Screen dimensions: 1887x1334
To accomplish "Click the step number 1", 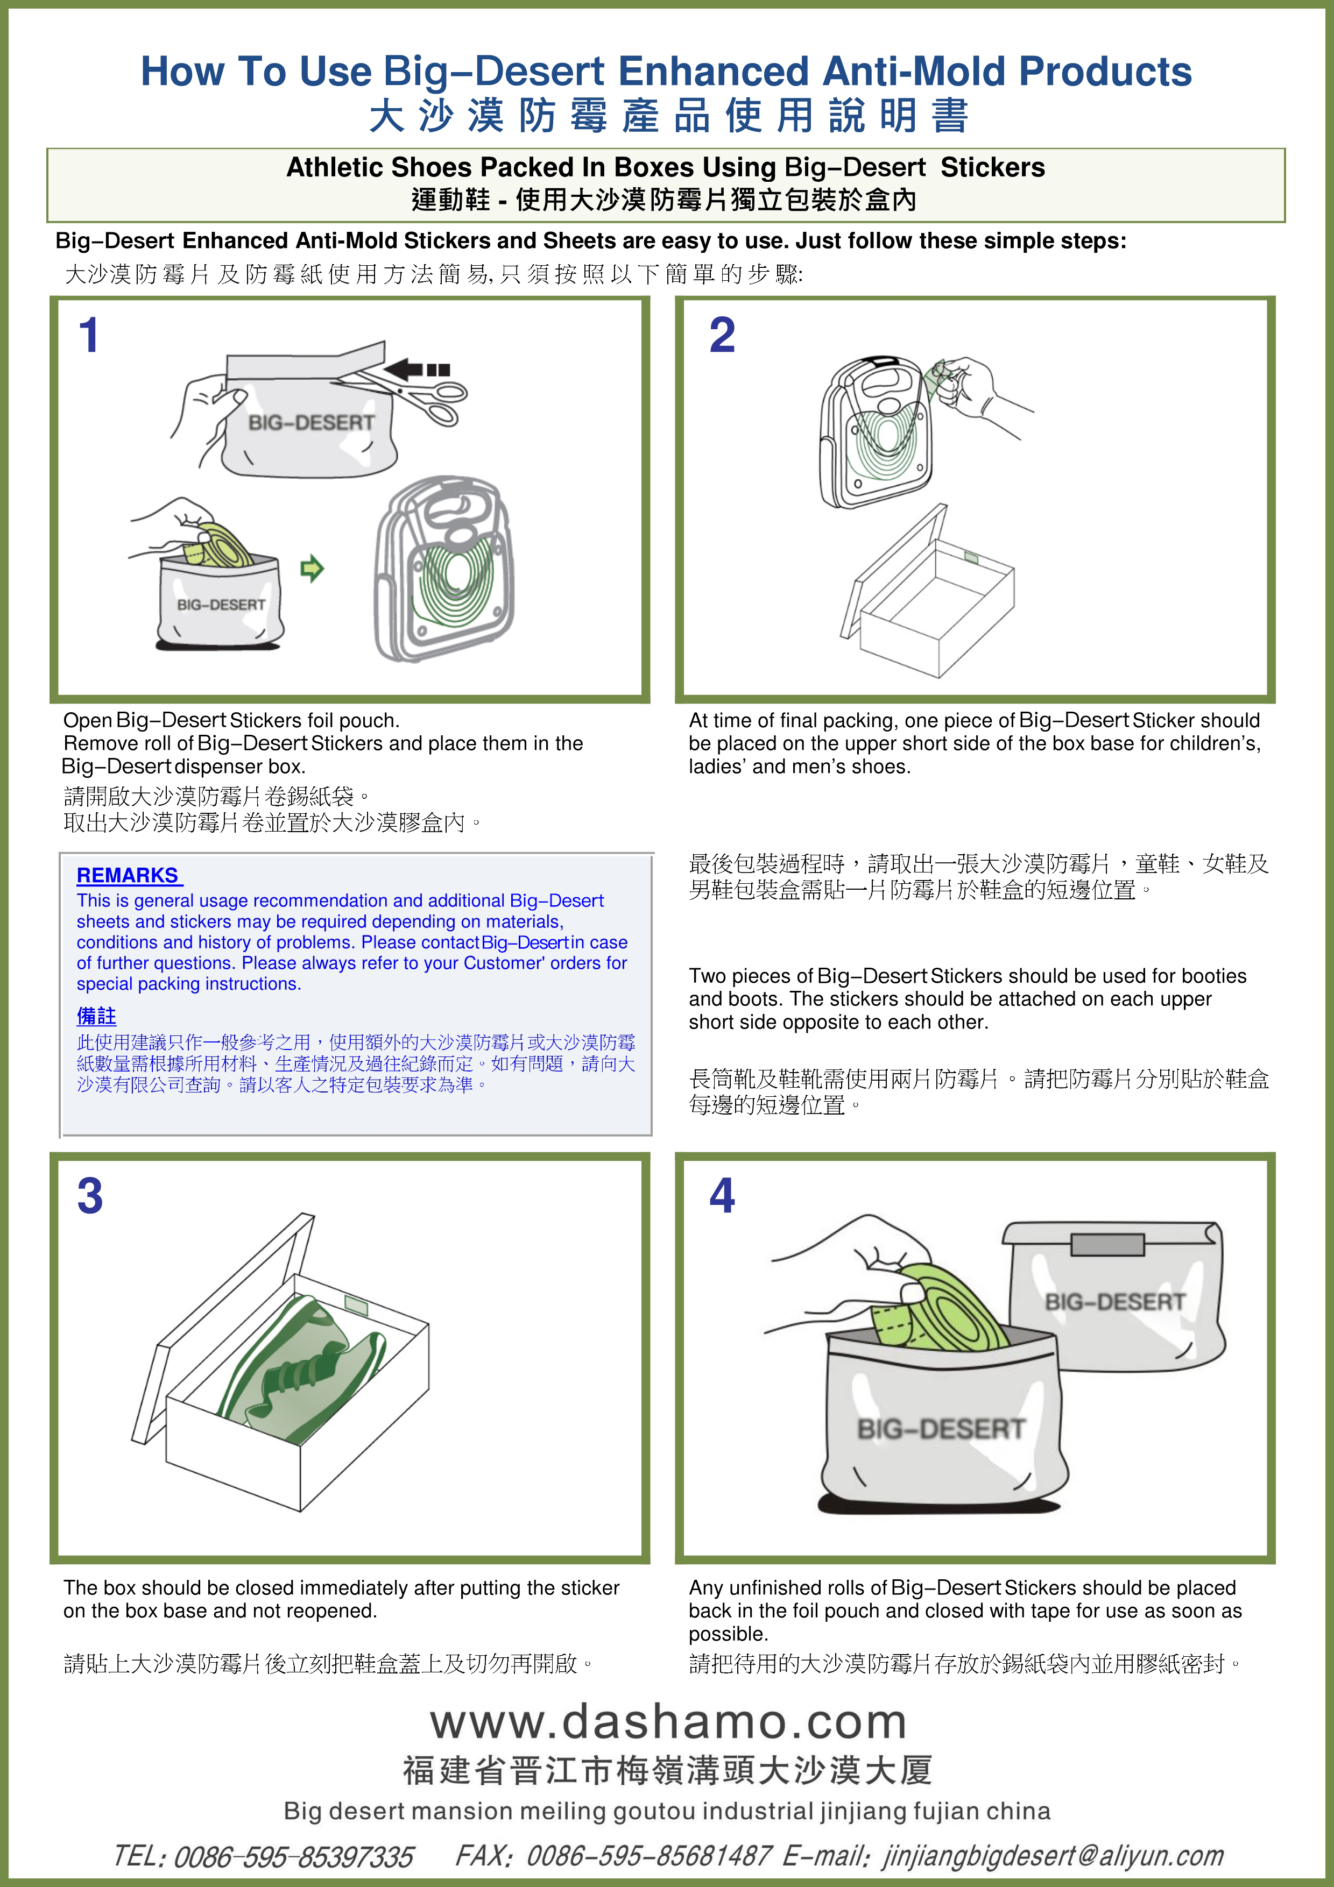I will click(89, 336).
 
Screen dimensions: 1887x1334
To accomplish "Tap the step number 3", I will click(90, 1197).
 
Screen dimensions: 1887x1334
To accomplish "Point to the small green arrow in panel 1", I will click(312, 568).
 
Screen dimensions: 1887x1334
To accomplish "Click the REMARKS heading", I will click(128, 875).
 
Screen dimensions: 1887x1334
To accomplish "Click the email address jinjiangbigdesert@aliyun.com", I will click(1053, 1856).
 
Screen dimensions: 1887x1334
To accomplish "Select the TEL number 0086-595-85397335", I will click(293, 1856).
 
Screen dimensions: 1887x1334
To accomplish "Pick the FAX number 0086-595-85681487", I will click(648, 1856).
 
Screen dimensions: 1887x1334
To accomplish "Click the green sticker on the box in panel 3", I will click(356, 1303).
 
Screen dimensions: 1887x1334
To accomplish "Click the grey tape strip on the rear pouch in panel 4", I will click(1107, 1245).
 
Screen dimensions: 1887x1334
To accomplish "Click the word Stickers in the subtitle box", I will click(992, 168).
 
